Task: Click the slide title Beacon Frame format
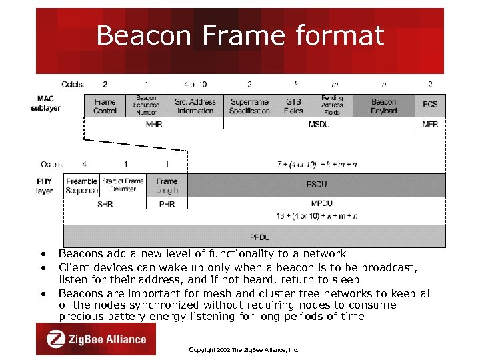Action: pyautogui.click(x=240, y=35)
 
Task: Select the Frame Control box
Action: pyautogui.click(x=105, y=106)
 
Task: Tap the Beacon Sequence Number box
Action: pyautogui.click(x=146, y=105)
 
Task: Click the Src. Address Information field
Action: pyautogui.click(x=195, y=106)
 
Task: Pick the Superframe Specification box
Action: pyautogui.click(x=249, y=106)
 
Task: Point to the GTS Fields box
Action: pyautogui.click(x=293, y=106)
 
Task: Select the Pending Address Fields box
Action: pyautogui.click(x=332, y=105)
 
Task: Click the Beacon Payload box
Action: pyautogui.click(x=383, y=106)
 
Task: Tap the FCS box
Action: pyautogui.click(x=430, y=105)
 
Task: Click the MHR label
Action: pyautogui.click(x=154, y=124)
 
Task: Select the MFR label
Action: pyautogui.click(x=431, y=124)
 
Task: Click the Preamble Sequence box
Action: pyautogui.click(x=82, y=185)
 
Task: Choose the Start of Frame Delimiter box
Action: pyautogui.click(x=123, y=185)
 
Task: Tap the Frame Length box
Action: pyautogui.click(x=167, y=185)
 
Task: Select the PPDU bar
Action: pyautogui.click(x=259, y=237)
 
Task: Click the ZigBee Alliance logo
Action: pyautogui.click(x=96, y=339)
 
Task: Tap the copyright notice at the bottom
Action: pyautogui.click(x=243, y=349)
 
